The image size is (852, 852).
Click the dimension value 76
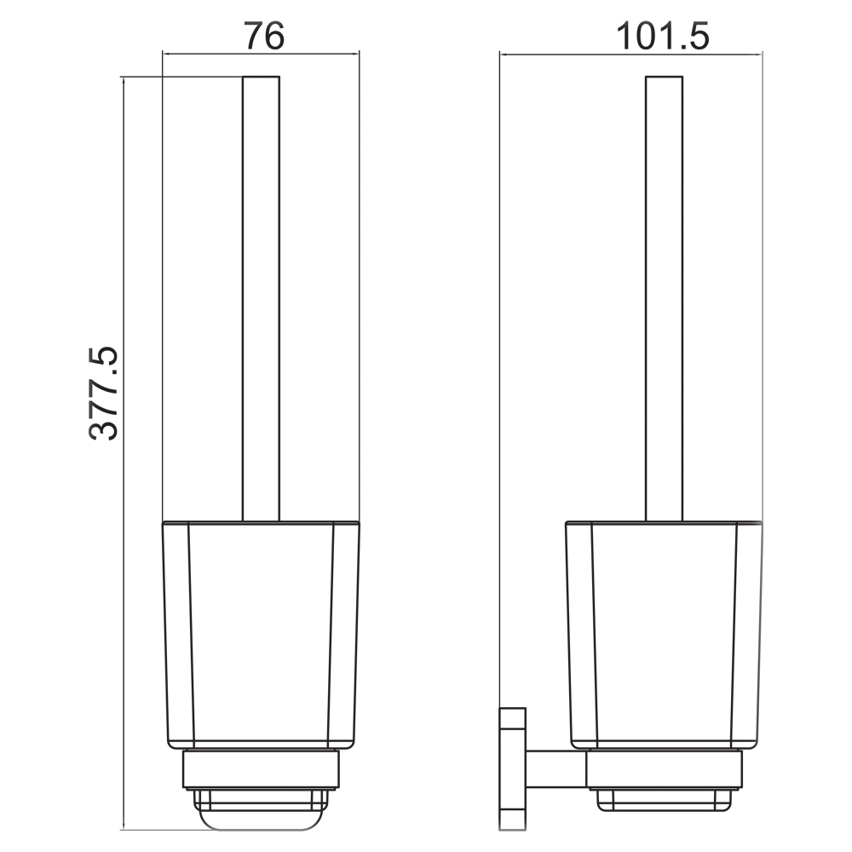coord(263,36)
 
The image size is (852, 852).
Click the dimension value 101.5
coord(662,37)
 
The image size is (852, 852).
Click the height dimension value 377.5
coord(103,392)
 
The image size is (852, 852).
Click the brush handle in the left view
coord(261,299)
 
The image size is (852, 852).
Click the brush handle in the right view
coord(664,299)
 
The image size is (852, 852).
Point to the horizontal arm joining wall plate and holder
coord(556,769)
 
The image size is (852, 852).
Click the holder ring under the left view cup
coord(261,769)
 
